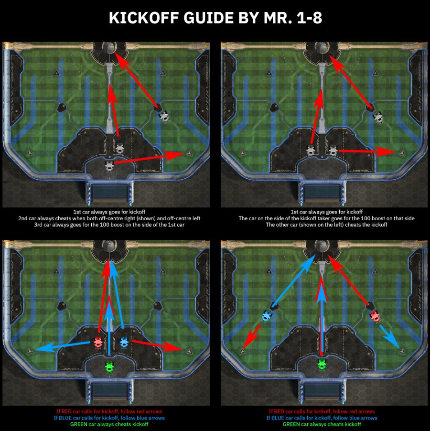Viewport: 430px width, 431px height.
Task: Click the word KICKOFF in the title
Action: tap(144, 18)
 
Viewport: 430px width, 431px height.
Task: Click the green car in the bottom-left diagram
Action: tap(109, 367)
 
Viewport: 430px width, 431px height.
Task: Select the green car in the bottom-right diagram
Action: tap(322, 365)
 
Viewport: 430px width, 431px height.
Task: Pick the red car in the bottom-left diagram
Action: tap(98, 343)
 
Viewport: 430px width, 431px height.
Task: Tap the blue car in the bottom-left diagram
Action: tap(124, 343)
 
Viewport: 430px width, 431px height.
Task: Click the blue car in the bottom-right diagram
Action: tap(267, 316)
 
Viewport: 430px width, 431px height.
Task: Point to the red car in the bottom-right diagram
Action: tap(376, 316)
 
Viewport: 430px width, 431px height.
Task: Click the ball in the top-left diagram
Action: tap(109, 48)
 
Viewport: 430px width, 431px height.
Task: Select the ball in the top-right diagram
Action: tap(322, 48)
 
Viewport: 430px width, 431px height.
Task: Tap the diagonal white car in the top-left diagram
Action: tap(164, 116)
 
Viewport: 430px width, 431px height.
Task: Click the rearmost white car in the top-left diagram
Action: tap(109, 166)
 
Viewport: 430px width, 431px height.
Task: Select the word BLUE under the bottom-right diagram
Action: tap(279, 418)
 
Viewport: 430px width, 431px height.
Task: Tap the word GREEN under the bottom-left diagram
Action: tap(78, 424)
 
